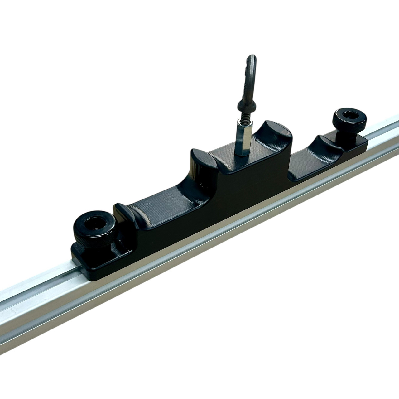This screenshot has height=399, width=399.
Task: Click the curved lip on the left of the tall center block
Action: (200, 156)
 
